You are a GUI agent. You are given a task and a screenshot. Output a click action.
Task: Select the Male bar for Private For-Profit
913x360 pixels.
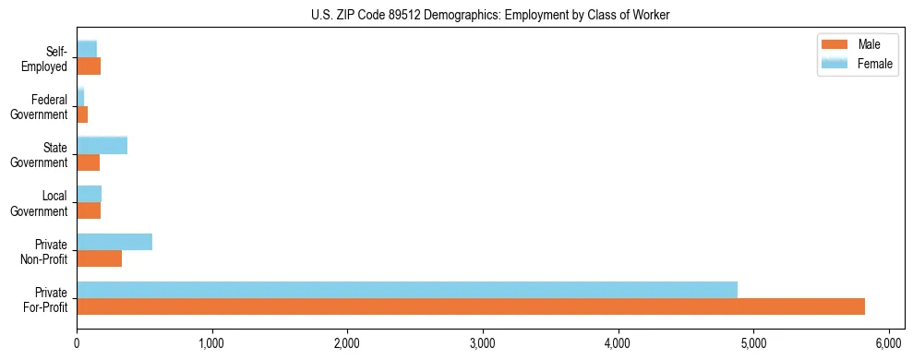point(471,306)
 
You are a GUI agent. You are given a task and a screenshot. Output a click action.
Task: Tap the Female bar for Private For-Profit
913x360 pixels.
point(407,290)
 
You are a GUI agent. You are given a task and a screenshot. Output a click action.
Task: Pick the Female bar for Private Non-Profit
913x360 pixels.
point(114,242)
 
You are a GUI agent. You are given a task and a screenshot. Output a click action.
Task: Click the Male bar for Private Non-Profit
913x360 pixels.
point(100,258)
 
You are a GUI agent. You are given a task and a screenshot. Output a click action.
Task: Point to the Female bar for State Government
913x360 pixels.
point(102,145)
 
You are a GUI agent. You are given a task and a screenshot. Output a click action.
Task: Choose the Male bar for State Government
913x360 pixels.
point(89,162)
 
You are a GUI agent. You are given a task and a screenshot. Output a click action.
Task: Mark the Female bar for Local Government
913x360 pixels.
point(90,194)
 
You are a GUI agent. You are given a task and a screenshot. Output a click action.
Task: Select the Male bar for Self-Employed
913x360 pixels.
point(89,66)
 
